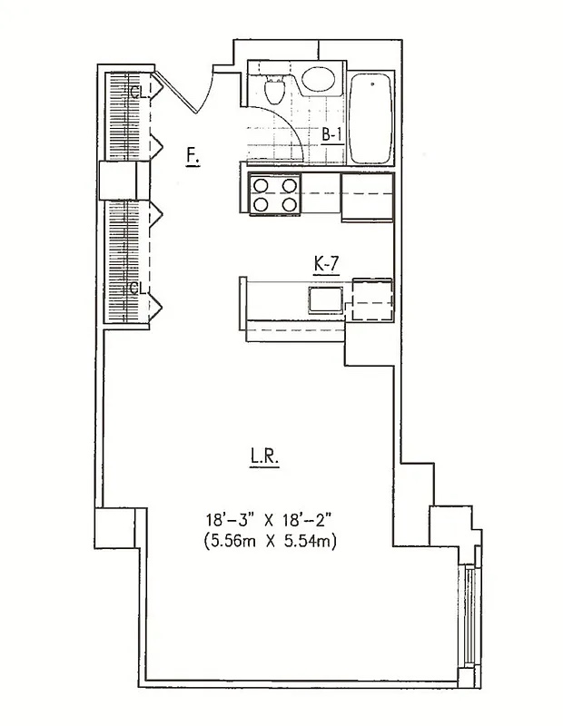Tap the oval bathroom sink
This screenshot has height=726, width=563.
point(318,80)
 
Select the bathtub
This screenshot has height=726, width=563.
point(371,119)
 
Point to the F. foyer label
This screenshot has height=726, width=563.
point(192,155)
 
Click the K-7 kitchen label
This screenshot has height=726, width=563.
point(325,264)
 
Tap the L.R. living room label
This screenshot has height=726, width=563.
point(264,459)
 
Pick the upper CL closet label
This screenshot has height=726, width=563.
point(136,92)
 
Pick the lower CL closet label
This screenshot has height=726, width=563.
point(136,289)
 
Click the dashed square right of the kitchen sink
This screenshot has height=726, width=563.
point(371,297)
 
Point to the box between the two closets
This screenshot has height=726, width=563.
point(123,179)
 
